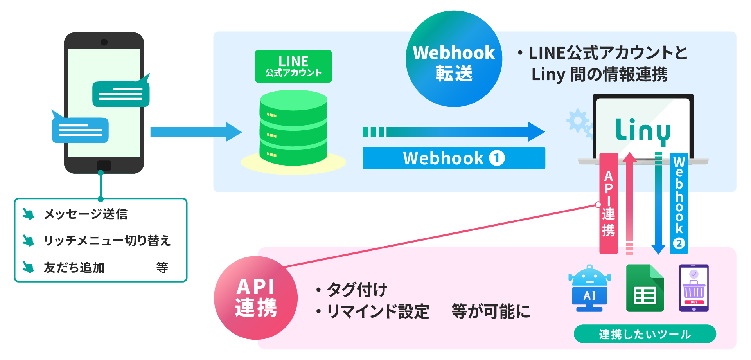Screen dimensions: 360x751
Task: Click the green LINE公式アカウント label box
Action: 293,66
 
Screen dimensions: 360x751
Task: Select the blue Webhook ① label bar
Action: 454,158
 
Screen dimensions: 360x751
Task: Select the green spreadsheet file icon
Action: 645,288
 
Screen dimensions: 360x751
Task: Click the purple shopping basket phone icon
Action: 694,288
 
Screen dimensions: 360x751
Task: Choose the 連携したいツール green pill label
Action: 645,334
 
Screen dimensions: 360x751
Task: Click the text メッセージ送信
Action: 86,214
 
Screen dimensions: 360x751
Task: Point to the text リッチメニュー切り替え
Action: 107,240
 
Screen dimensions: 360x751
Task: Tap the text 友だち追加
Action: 74,268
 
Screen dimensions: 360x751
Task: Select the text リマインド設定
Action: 378,312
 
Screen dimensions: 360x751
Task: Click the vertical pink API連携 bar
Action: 608,203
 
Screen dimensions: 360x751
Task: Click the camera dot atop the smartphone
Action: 104,42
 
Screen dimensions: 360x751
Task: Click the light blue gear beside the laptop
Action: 577,121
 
